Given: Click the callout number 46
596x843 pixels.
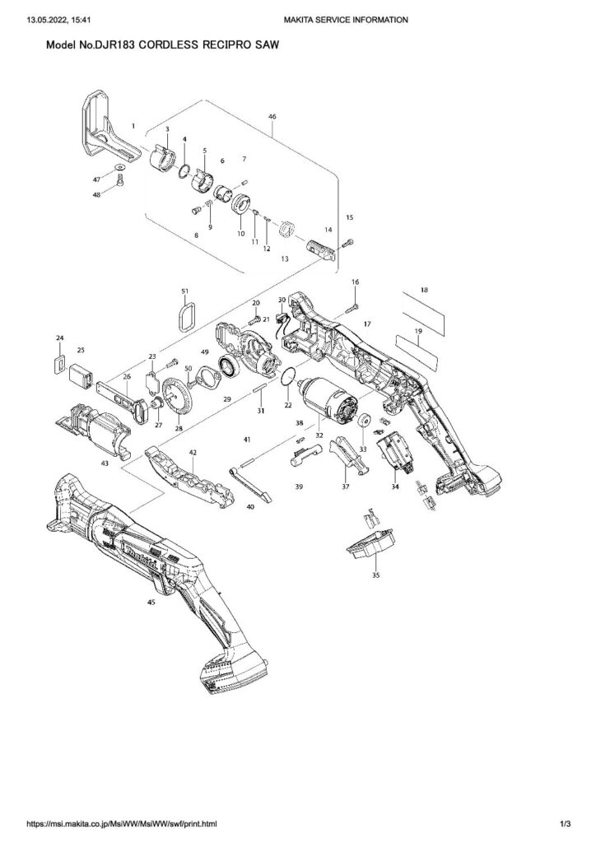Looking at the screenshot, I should (x=272, y=117).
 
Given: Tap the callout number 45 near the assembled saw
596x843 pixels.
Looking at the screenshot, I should (x=151, y=603).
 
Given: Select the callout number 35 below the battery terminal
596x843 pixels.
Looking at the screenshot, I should (x=376, y=575).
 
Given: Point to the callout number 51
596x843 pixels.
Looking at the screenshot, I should (x=185, y=291).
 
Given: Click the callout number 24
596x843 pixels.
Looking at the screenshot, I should (x=59, y=338).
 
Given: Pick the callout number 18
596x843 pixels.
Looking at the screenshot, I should (x=424, y=291).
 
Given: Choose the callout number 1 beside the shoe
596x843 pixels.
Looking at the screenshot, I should (x=133, y=126).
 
